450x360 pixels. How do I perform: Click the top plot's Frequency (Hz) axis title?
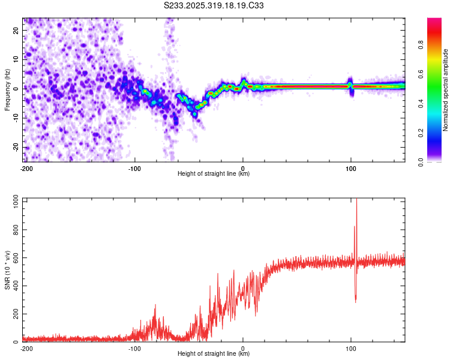7,90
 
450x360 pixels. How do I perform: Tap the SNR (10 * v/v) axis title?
7,270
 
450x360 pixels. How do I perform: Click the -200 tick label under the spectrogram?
26,169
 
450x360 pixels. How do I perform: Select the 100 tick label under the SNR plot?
351,349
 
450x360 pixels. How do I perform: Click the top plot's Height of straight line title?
214,174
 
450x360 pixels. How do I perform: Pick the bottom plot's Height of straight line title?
214,354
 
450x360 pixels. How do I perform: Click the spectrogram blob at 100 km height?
350,85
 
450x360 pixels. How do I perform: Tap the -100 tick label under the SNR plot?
134,349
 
